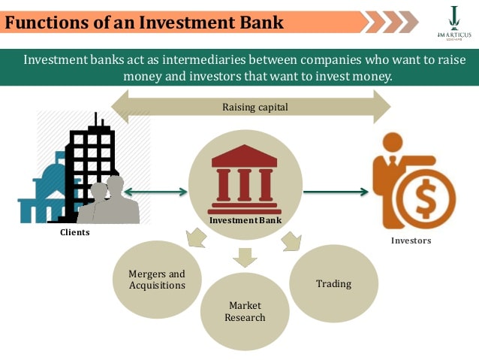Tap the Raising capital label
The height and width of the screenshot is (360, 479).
click(255, 107)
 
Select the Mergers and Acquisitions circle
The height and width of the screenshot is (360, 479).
click(156, 279)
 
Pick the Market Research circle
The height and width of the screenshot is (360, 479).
click(246, 310)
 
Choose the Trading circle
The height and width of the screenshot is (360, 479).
click(333, 283)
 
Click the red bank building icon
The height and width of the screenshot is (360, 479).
click(245, 176)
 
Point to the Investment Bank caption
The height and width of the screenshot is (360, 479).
click(245, 220)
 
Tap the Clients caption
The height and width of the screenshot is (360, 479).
click(74, 232)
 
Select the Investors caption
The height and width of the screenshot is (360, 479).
click(411, 241)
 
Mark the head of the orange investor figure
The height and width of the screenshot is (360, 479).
click(393, 144)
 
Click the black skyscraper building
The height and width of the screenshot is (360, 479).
click(92, 162)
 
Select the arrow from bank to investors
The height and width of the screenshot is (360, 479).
click(336, 192)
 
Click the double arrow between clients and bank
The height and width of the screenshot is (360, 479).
click(155, 192)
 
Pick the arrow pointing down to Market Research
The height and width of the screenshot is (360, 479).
click(245, 258)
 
